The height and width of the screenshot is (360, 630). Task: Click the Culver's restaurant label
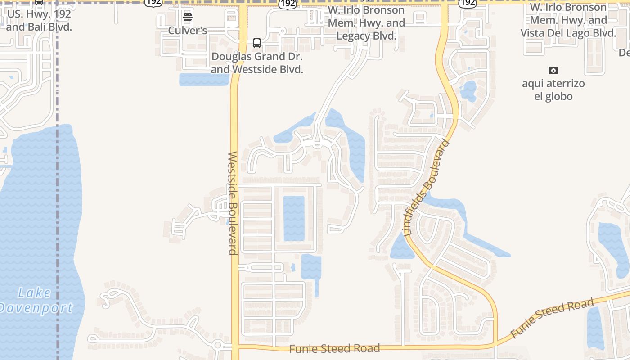pos(187,31)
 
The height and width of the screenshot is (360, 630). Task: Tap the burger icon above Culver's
pos(188,18)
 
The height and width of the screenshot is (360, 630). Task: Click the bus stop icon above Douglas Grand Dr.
pos(257,43)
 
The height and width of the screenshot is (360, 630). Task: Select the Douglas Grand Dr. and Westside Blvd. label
pos(257,63)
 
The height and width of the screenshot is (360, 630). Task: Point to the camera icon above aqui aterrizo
pos(553,70)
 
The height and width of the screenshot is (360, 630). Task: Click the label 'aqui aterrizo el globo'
pos(553,90)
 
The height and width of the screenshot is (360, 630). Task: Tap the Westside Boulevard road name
pos(232,203)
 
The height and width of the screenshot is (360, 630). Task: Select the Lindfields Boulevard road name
pos(427,189)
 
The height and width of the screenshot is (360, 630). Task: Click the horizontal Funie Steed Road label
pos(334,348)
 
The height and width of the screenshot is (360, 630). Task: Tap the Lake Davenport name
pos(35,300)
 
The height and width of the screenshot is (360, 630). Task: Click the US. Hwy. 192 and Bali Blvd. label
pos(39,20)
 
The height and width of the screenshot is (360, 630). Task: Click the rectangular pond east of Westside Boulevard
pos(294,218)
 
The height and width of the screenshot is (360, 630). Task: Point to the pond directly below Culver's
pos(203,79)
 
